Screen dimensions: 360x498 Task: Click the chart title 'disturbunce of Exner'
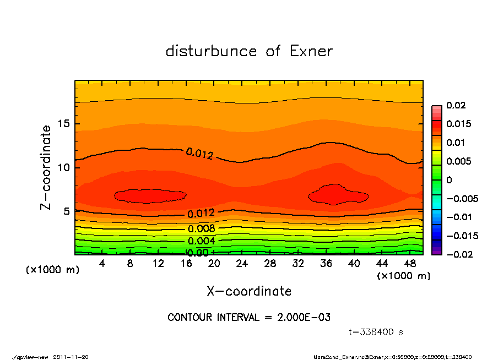coord(249,51)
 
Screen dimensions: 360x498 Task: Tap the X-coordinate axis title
coord(249,291)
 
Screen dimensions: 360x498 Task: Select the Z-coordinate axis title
coord(46,167)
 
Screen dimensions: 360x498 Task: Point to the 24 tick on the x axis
coord(242,264)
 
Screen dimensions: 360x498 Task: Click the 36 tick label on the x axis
coord(326,264)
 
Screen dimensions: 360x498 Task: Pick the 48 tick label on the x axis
coord(410,264)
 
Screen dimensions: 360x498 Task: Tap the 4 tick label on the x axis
coord(102,264)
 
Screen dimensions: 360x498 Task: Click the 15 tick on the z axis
coord(63,124)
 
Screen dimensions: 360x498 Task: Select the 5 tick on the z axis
coord(66,211)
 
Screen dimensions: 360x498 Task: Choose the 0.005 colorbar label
coord(458,161)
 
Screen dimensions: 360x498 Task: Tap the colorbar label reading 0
coord(449,180)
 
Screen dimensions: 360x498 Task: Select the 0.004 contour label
coord(201,241)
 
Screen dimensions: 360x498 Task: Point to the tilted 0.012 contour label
coord(199,154)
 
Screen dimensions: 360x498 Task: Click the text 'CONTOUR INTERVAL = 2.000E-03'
coord(248,318)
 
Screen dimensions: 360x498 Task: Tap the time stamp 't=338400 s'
coord(376,332)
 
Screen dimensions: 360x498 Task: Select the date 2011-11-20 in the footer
coord(71,357)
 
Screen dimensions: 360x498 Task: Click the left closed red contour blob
coord(150,195)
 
